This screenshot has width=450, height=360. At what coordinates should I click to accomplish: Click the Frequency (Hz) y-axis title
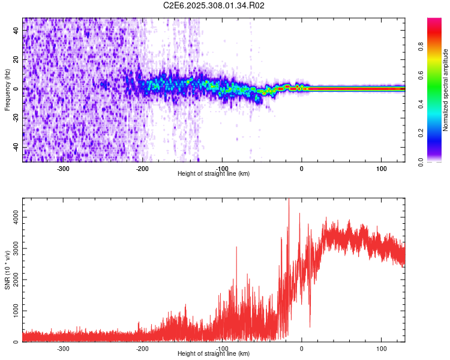7,89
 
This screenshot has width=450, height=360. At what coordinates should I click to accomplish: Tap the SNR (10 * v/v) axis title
7,270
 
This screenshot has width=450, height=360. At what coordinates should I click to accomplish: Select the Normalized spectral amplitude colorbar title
445,90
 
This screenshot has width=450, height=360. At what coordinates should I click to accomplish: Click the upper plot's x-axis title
214,173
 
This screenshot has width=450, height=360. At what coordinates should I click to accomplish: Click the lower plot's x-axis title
214,353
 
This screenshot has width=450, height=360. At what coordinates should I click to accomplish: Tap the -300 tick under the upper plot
63,168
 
